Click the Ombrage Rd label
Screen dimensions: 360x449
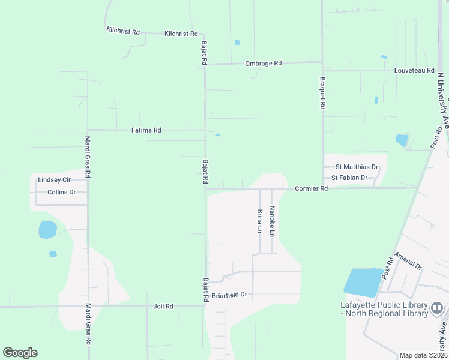[263, 64]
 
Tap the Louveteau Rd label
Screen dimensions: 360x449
[414, 71]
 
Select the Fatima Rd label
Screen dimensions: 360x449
[146, 130]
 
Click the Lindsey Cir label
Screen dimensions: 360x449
[54, 180]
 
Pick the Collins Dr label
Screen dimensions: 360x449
[62, 193]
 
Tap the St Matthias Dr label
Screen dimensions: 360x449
[357, 167]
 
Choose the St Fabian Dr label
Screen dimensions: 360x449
[353, 178]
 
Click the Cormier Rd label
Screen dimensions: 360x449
[312, 188]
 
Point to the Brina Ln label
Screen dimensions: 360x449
[260, 221]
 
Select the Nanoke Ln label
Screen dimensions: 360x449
[272, 221]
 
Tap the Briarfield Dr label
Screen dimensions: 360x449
[231, 295]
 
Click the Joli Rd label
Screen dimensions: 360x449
[163, 307]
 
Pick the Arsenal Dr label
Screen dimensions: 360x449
[409, 260]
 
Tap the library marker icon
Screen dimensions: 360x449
[436, 309]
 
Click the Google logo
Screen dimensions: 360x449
[20, 352]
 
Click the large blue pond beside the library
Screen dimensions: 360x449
[363, 282]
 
